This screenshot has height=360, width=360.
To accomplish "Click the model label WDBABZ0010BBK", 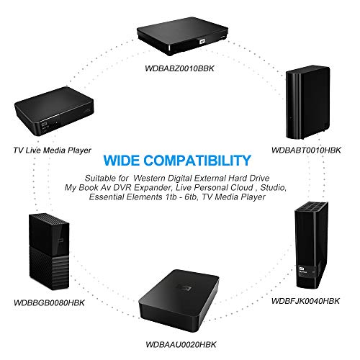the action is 179,68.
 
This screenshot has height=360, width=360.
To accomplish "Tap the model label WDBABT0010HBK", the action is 306,150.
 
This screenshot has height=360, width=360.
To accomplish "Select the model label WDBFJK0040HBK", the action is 305,301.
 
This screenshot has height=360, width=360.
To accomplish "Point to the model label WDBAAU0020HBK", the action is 181,345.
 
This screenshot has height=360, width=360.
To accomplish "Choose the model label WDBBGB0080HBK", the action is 49,303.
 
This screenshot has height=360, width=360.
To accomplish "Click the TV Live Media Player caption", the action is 53,150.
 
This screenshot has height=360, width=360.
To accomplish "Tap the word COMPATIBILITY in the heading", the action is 198,161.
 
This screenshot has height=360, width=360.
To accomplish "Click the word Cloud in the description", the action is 242,187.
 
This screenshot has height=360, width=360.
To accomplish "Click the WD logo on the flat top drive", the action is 202,41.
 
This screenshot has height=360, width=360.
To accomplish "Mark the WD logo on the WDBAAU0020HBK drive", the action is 184,288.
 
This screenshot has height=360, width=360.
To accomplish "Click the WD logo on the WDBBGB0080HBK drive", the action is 61,241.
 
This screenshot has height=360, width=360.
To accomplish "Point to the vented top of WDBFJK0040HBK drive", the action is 311,207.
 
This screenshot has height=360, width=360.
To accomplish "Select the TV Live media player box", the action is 53,111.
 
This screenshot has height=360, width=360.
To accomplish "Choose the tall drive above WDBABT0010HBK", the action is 308,102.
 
